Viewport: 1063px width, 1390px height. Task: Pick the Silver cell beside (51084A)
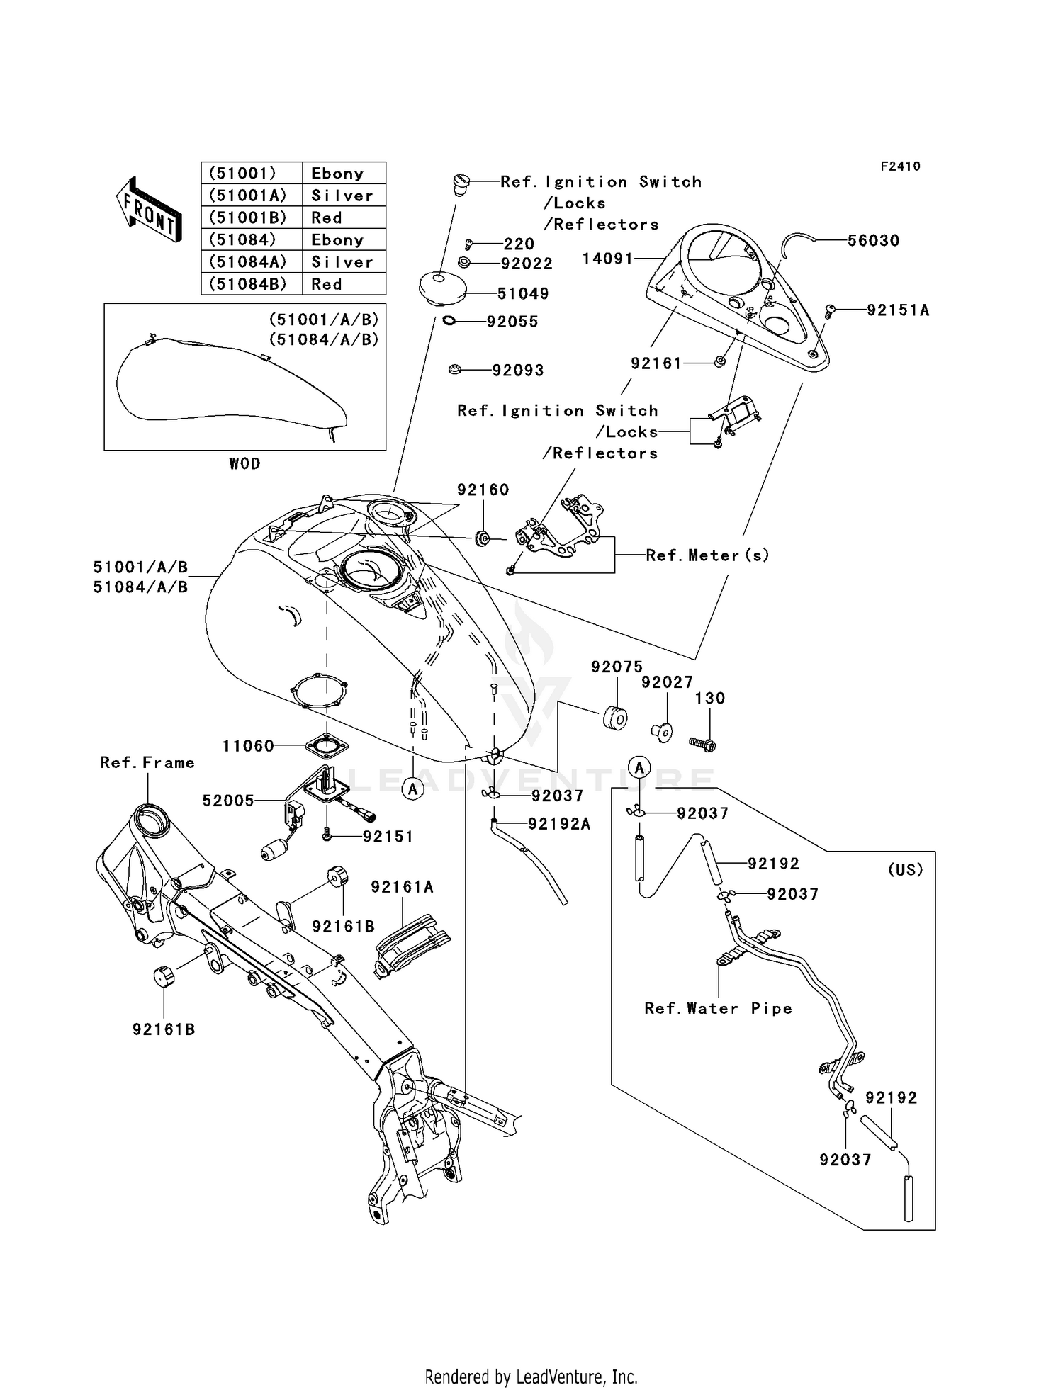[x=343, y=262]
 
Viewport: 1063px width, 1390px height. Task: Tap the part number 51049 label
[x=523, y=293]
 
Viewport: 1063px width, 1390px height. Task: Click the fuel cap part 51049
[x=441, y=288]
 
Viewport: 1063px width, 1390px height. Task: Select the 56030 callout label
[x=874, y=240]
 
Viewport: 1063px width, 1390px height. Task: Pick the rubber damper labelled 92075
[x=614, y=718]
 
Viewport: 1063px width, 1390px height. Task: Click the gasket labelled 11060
[x=327, y=746]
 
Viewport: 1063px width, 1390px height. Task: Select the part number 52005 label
[x=228, y=801]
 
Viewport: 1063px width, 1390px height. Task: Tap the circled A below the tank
[x=413, y=789]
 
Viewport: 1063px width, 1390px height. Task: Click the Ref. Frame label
[x=147, y=762]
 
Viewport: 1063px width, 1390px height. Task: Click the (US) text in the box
[x=905, y=869]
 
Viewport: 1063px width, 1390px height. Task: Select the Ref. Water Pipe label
[x=718, y=1008]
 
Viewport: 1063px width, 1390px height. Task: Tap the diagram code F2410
[x=900, y=166]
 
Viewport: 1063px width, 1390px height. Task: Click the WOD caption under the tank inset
[x=244, y=463]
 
